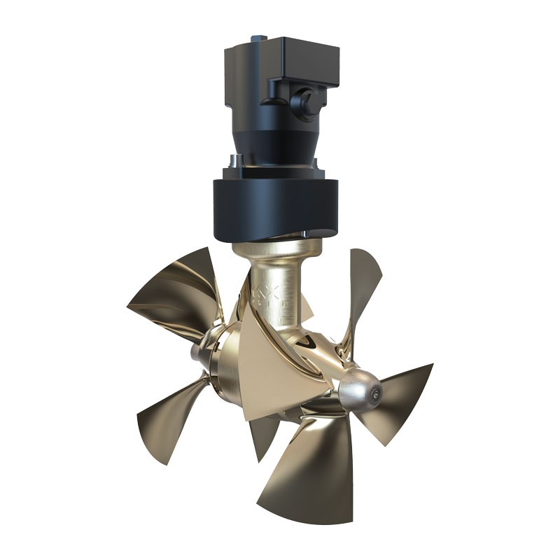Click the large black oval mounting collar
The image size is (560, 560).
click(x=276, y=206)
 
